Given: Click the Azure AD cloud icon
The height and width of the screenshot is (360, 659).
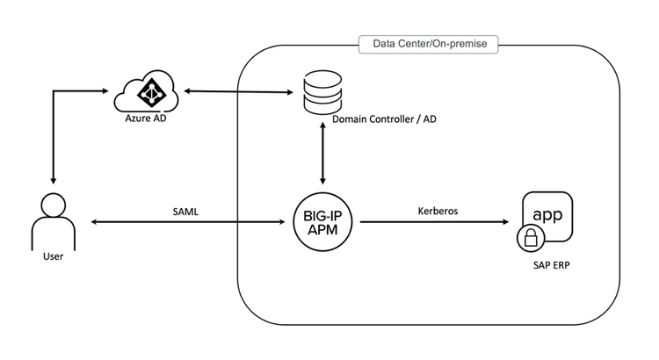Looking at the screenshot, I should [x=147, y=90].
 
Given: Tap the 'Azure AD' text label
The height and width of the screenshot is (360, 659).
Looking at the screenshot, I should [x=147, y=118].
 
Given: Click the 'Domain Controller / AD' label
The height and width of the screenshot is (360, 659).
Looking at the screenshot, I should [x=383, y=119].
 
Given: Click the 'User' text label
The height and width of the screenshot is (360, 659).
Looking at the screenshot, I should [x=54, y=258].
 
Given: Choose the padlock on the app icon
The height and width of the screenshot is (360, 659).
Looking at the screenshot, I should [x=530, y=237].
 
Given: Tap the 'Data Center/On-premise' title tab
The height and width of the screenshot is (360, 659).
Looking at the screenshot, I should [x=429, y=42].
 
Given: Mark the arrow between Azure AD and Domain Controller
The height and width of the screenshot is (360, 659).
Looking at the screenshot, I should [x=237, y=90].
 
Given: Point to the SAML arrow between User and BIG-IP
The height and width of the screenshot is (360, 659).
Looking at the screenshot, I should [x=188, y=223].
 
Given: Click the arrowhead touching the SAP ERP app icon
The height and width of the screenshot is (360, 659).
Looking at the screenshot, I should [x=509, y=223].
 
